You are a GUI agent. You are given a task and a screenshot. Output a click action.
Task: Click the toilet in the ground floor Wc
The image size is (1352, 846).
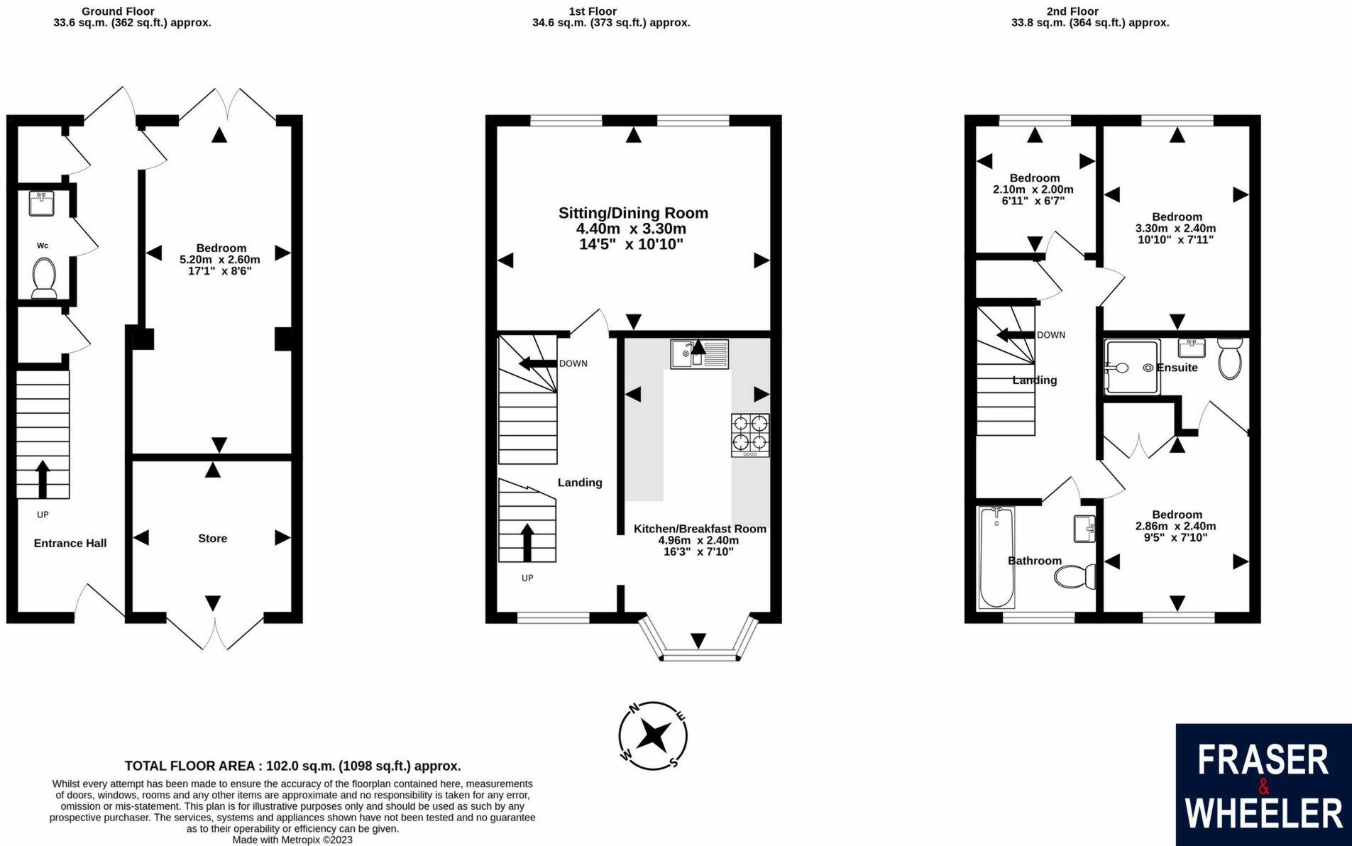45,278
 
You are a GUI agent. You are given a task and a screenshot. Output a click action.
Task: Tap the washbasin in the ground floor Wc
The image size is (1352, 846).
42,203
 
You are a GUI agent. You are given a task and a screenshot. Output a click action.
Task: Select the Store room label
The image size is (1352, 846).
213,539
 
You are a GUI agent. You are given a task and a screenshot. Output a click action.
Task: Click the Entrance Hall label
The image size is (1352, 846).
70,543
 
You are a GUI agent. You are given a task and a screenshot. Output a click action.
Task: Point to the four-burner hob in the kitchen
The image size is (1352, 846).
750,435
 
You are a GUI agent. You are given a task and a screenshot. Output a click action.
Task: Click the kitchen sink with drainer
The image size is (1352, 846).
700,354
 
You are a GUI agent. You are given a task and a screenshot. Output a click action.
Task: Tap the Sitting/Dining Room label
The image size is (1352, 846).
633,213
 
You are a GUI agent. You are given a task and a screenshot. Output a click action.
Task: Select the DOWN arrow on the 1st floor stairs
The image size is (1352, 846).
537,364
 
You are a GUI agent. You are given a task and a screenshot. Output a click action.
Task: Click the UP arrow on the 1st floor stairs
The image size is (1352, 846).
527,543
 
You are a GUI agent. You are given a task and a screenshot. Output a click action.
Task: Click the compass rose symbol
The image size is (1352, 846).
652,736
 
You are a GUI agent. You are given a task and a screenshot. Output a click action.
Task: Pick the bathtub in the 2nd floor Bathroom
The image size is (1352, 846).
996,557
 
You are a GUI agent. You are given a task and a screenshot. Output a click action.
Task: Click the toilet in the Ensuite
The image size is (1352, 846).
1229,358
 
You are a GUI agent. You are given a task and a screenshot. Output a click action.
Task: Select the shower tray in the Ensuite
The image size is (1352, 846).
1132,366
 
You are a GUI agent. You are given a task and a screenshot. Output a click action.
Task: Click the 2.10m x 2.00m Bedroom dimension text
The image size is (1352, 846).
1033,189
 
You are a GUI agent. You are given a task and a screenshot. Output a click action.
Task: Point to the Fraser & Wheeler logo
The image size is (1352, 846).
1263,784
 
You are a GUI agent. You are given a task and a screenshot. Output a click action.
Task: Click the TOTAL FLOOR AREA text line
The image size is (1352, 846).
293,766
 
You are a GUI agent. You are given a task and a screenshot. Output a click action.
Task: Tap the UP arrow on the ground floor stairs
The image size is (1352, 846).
43,479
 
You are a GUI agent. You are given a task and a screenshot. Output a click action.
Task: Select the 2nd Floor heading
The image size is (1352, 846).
1072,11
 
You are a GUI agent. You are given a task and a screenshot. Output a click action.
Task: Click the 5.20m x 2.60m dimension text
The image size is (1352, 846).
220,260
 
